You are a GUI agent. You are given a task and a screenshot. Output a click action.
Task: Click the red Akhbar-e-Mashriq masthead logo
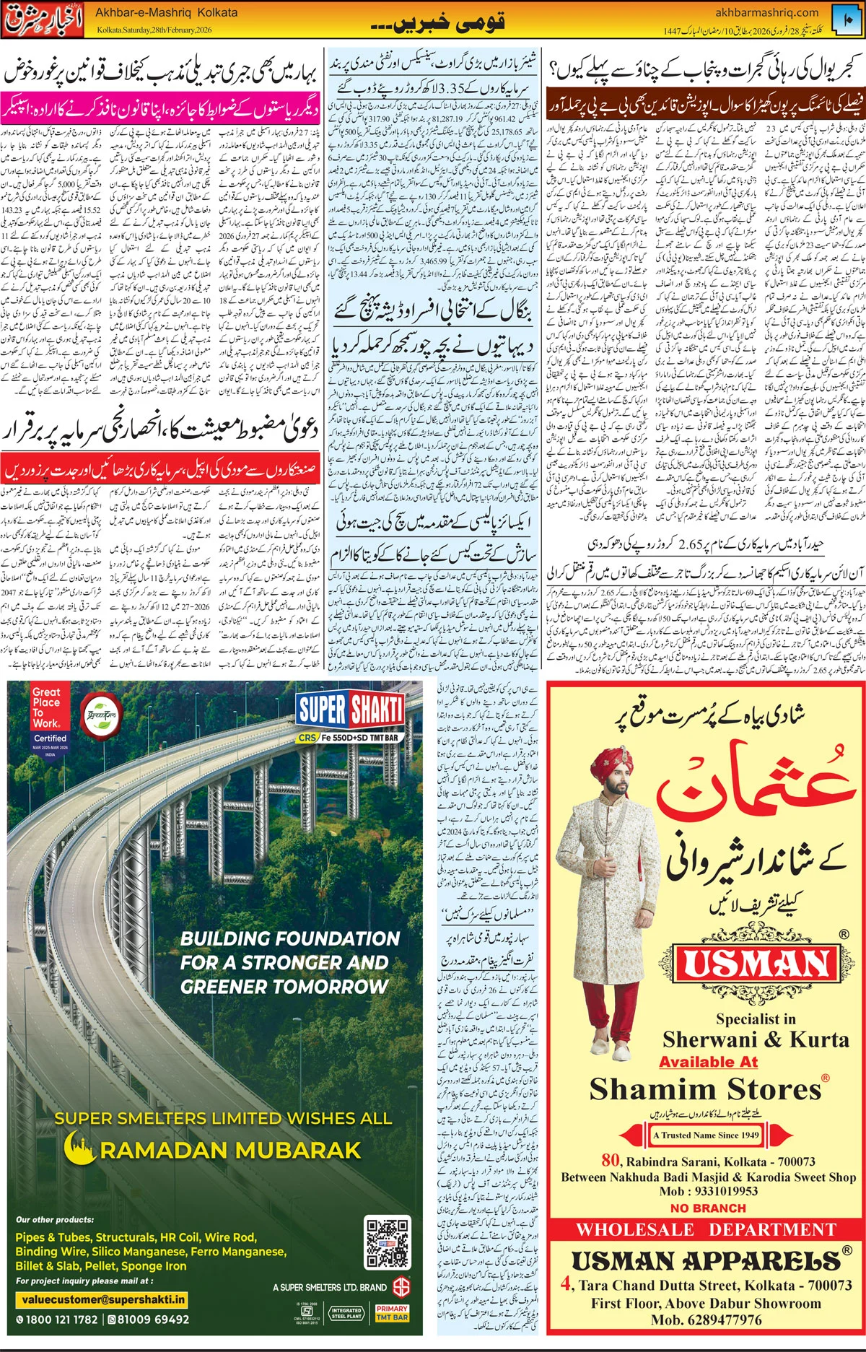pos(45,19)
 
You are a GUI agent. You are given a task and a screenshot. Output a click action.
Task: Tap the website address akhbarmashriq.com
pos(766,12)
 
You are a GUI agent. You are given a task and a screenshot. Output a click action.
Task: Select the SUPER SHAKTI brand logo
pos(350,710)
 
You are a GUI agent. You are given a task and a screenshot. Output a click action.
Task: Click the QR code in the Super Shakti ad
pos(387,1243)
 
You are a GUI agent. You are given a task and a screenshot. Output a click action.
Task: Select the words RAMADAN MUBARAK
pos(230,1150)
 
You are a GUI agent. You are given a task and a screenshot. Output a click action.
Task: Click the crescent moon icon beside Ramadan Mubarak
pos(79,1148)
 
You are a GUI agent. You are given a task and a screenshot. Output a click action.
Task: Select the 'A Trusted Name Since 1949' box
pos(706,1135)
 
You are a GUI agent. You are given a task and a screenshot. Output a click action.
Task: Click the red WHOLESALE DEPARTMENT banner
pos(706,1229)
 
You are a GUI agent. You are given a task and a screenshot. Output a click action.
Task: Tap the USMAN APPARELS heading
pos(706,1260)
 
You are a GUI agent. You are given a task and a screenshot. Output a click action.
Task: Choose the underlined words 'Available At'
pos(708,1062)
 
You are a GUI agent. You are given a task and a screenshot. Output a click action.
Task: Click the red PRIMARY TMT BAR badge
pos(392,1312)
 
